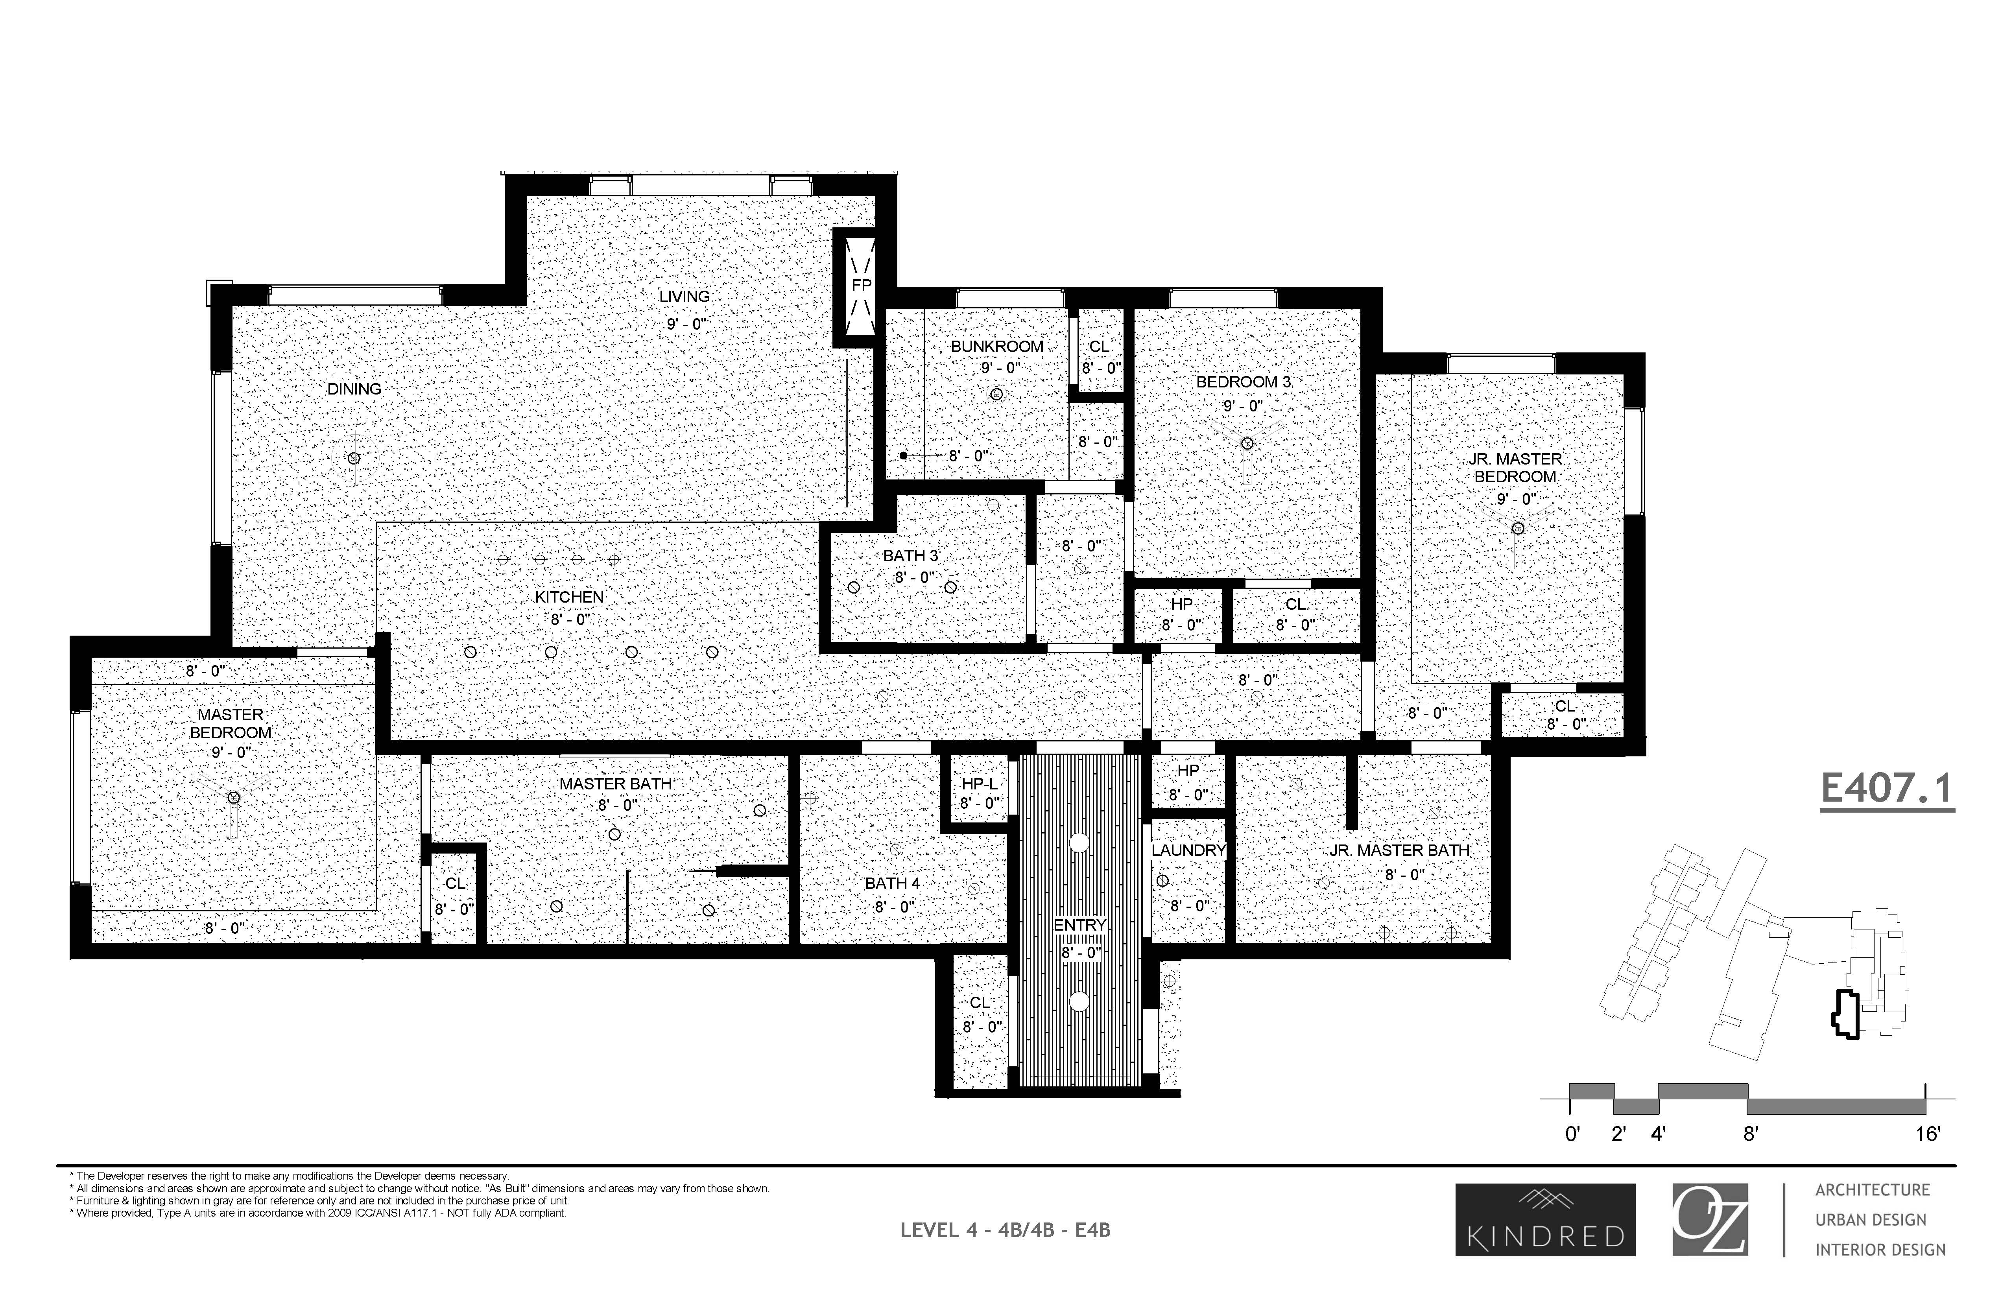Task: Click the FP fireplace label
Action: pyautogui.click(x=861, y=286)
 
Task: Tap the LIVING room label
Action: pyautogui.click(x=684, y=297)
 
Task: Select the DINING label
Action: pyautogui.click(x=354, y=389)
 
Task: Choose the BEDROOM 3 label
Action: pyautogui.click(x=1242, y=382)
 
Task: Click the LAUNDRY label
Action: pyautogui.click(x=1188, y=850)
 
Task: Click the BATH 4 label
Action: pyautogui.click(x=892, y=883)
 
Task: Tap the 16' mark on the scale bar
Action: pyautogui.click(x=1927, y=1134)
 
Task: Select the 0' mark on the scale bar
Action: pyautogui.click(x=1572, y=1134)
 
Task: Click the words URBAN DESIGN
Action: pyautogui.click(x=1871, y=1220)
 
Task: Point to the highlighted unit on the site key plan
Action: pyautogui.click(x=1844, y=1016)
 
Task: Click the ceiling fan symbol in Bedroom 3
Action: pyautogui.click(x=1247, y=443)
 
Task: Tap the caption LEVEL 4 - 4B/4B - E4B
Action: pyautogui.click(x=1005, y=1230)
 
